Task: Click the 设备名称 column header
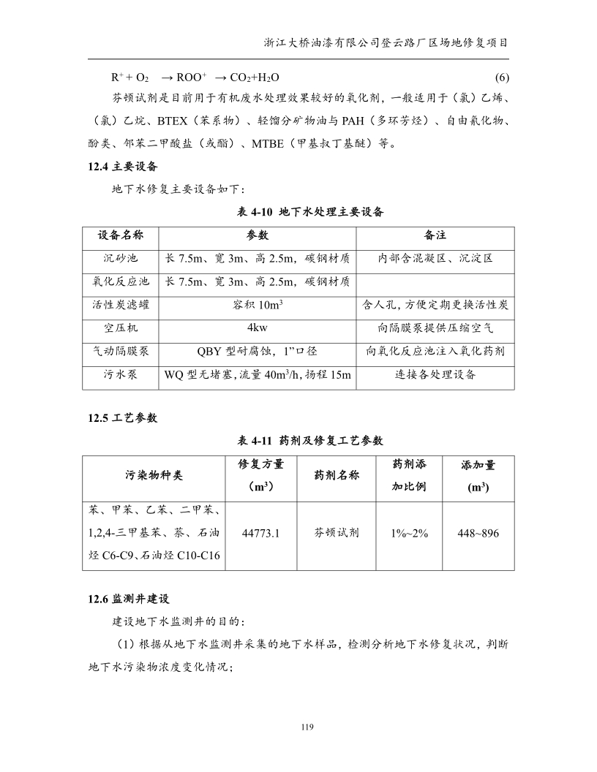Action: click(x=120, y=236)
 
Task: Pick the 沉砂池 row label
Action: click(x=120, y=259)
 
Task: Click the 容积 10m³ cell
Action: click(x=258, y=305)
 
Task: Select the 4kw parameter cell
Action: click(x=258, y=328)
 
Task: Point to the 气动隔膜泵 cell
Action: click(x=120, y=351)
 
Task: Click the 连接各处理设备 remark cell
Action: click(x=435, y=374)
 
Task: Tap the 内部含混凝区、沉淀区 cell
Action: click(x=435, y=259)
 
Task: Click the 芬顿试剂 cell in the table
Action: click(x=337, y=534)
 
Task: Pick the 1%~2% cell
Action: click(x=410, y=534)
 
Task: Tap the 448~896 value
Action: click(x=478, y=534)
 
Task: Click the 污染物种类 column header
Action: click(x=154, y=475)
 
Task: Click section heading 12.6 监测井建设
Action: click(x=128, y=599)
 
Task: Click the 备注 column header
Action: click(x=435, y=236)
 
